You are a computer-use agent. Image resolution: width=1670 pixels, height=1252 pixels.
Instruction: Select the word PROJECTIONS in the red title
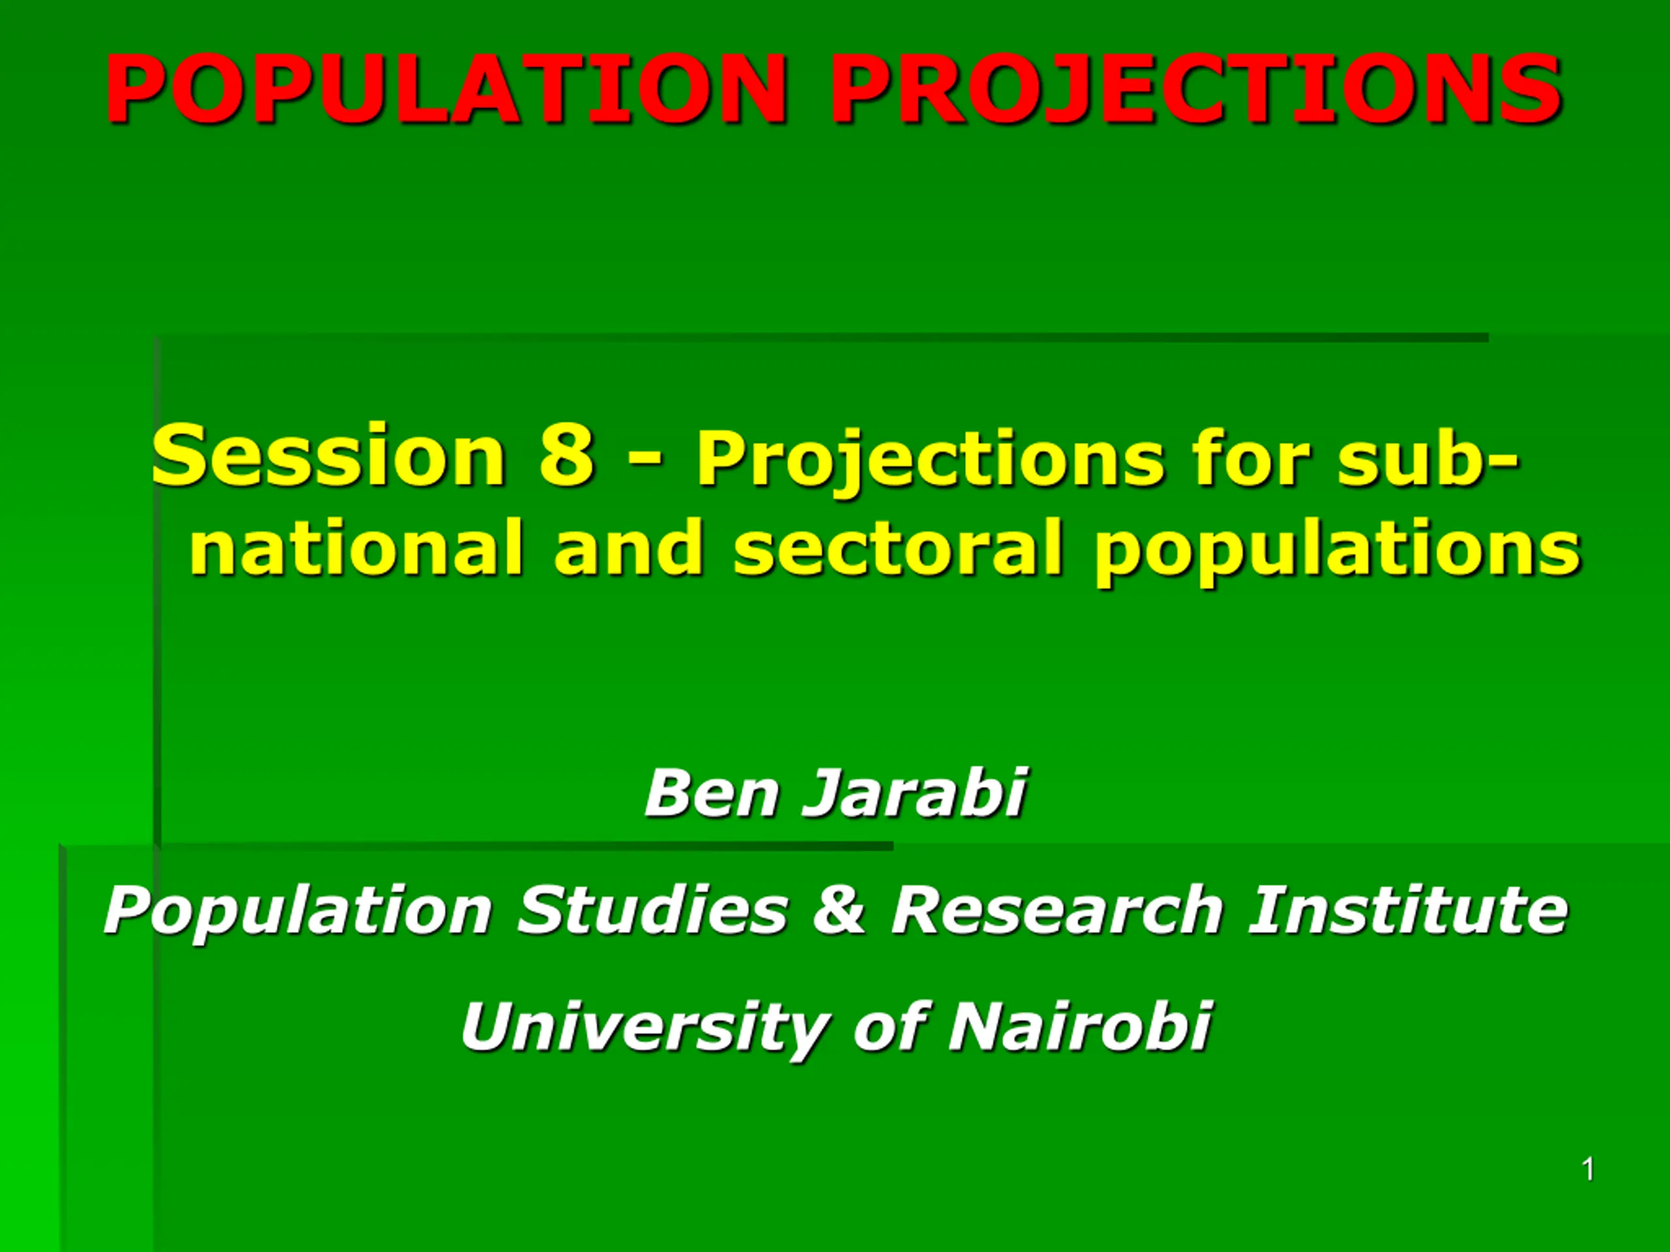[x=1196, y=89]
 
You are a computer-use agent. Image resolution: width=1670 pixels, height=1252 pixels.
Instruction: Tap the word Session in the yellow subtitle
[x=327, y=455]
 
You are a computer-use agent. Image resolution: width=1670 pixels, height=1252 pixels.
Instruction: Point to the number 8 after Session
[x=566, y=455]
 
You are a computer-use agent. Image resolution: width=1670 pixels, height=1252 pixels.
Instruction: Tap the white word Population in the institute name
[x=298, y=912]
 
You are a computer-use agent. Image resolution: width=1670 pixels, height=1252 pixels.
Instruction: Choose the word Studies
[x=652, y=910]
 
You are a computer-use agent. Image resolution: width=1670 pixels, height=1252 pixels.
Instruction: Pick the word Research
[x=1057, y=910]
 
